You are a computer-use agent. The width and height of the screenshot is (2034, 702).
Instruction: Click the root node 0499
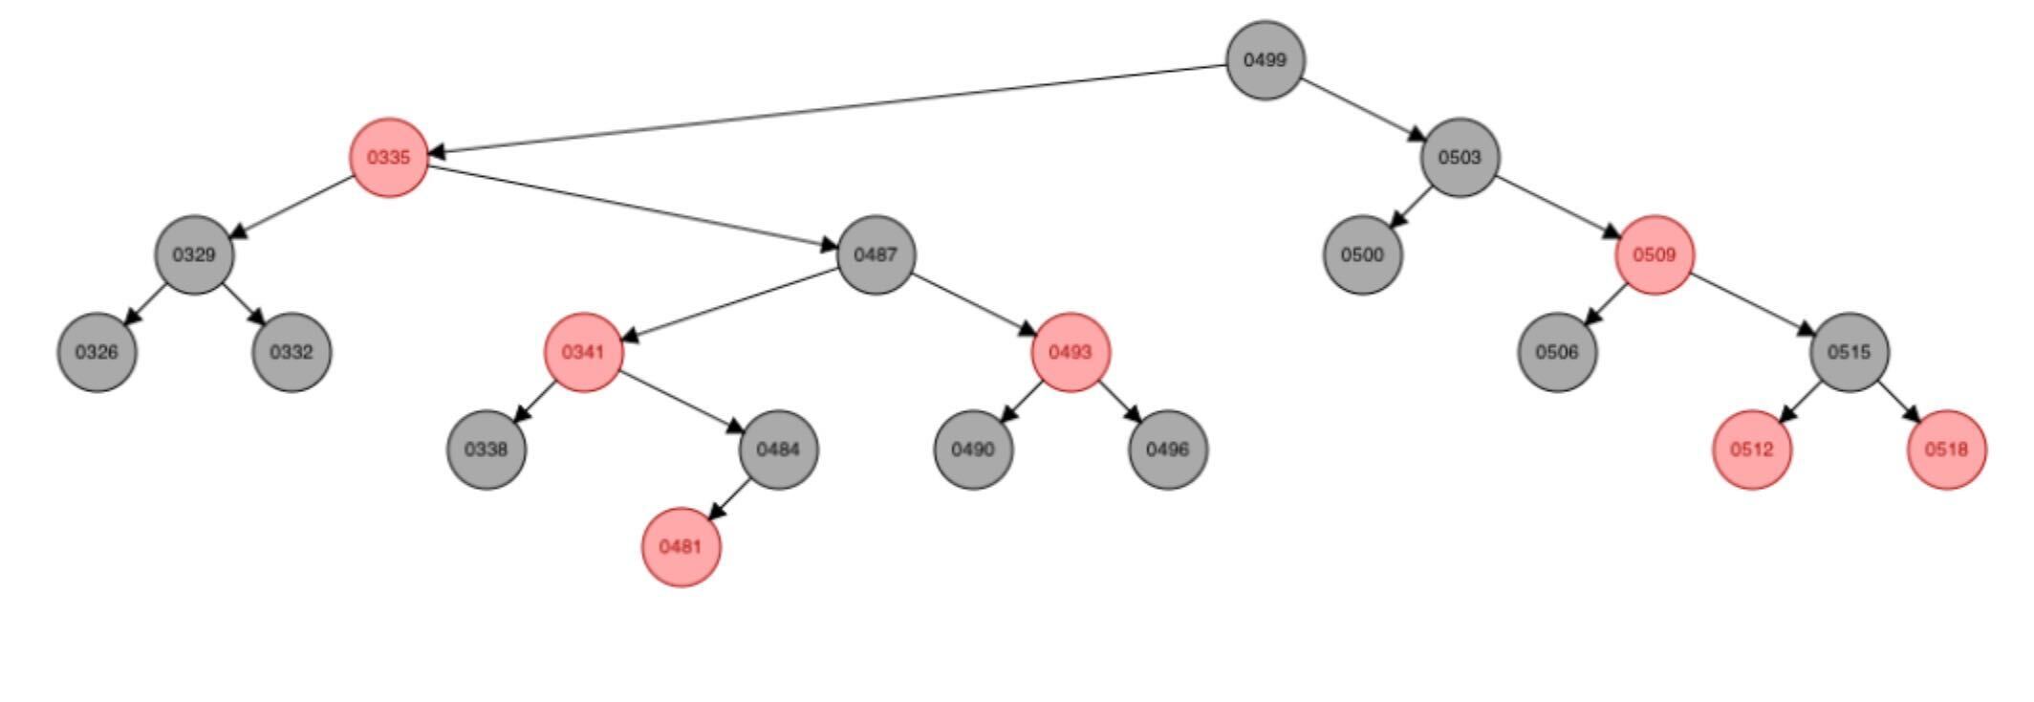point(1265,60)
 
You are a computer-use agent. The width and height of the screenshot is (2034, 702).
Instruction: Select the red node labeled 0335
point(388,158)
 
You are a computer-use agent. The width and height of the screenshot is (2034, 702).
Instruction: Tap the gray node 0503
point(1460,158)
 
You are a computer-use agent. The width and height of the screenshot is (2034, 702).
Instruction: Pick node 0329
point(194,255)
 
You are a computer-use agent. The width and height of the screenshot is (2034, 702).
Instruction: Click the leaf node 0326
point(97,352)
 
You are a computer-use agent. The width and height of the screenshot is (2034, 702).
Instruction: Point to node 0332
point(292,352)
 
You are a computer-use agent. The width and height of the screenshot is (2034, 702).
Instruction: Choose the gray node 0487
point(876,255)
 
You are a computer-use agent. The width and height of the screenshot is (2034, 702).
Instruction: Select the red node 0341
point(583,352)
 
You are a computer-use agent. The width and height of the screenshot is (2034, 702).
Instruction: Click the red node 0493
point(1071,352)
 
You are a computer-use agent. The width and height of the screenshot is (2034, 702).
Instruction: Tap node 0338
point(487,450)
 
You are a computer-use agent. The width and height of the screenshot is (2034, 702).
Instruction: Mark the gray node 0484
point(778,450)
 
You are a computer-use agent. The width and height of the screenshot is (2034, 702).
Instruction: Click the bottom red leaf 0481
point(681,547)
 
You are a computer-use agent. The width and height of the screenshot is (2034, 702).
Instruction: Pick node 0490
point(973,450)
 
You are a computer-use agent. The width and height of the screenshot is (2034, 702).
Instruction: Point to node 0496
point(1168,450)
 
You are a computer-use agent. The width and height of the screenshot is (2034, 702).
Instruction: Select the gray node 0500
point(1362,255)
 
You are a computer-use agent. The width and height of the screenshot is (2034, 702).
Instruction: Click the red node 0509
point(1655,255)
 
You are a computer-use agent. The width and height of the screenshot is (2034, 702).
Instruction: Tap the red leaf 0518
point(1946,450)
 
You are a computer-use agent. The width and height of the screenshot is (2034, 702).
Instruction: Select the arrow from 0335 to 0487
point(632,207)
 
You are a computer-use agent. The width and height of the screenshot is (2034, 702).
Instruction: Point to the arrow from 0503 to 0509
point(1558,207)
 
